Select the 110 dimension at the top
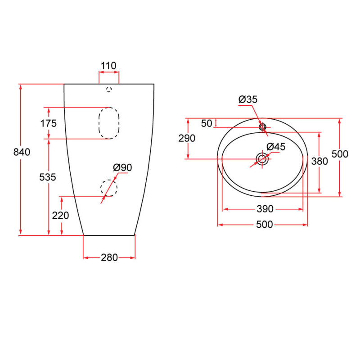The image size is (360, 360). [x=108, y=66]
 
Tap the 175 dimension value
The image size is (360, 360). [x=48, y=123]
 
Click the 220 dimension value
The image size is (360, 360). [x=61, y=216]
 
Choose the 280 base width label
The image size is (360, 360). [x=109, y=257]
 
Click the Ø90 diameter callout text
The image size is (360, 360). [x=122, y=167]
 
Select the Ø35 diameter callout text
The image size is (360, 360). [x=248, y=100]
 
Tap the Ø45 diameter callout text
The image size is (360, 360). [x=276, y=147]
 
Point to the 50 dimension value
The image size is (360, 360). [x=207, y=123]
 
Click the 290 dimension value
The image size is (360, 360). [x=187, y=138]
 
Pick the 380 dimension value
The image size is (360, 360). [x=319, y=161]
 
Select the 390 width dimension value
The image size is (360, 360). [x=265, y=209]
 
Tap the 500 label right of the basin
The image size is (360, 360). [x=340, y=154]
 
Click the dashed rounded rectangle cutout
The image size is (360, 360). [x=109, y=123]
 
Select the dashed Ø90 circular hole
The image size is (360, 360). [x=108, y=188]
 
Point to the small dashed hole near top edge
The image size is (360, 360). [x=108, y=90]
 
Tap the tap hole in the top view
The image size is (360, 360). [x=262, y=127]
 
